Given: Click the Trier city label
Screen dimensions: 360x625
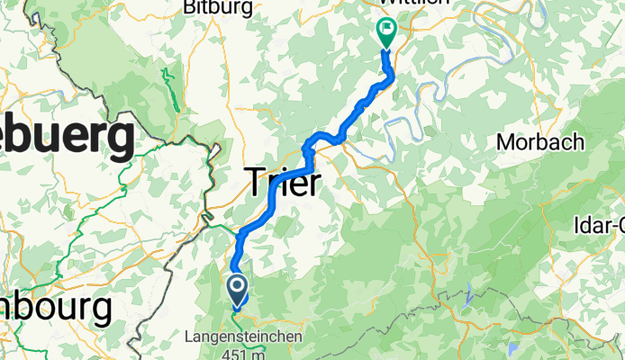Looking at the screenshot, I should (x=283, y=184).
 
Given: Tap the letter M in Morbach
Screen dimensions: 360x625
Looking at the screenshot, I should (x=506, y=142).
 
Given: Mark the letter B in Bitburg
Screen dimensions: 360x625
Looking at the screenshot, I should (x=188, y=7).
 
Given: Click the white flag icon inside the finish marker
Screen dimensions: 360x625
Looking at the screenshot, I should (x=387, y=29).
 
